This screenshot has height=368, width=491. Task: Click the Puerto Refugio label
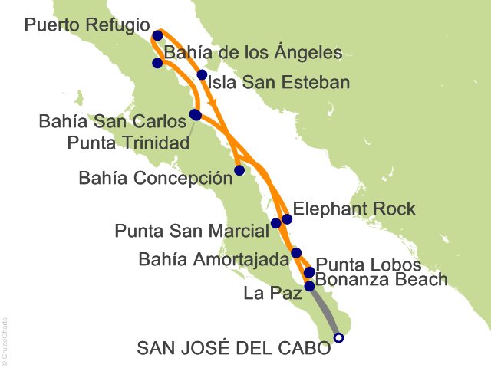coord(87,25)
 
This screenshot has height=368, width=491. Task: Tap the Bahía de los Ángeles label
coord(252,54)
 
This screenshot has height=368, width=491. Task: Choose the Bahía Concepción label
coord(155,179)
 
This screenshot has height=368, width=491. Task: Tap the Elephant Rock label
coord(354,209)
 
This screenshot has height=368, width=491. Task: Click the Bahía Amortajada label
coord(213,260)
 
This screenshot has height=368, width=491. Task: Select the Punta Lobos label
coord(369,264)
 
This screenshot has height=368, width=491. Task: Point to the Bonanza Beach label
coord(381,280)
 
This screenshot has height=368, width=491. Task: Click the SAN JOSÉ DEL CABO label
coord(233,348)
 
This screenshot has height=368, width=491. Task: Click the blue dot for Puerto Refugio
coord(158,35)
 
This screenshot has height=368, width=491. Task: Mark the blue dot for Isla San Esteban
coord(203,75)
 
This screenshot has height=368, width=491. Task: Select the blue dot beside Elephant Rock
coord(287,219)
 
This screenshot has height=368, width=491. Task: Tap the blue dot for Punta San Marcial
coord(276,224)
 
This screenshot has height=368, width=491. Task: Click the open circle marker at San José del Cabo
coord(339,337)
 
